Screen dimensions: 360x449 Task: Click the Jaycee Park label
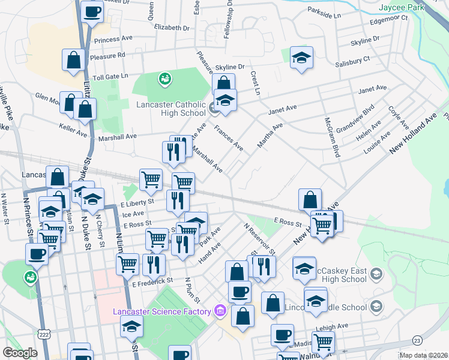[402, 8]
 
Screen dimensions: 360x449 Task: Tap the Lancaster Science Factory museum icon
[220, 311]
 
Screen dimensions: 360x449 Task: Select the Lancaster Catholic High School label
[172, 109]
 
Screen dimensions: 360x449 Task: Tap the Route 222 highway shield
[43, 333]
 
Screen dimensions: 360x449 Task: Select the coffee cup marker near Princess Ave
[92, 13]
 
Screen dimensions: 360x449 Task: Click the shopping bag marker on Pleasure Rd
[74, 60]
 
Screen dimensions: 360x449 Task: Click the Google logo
[20, 353]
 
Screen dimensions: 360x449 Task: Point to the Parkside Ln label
[324, 11]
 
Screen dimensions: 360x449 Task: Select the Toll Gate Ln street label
[109, 77]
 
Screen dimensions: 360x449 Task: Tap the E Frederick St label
[153, 280]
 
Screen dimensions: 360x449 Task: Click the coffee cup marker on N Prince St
[37, 253]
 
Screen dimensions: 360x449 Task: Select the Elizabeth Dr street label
[171, 28]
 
